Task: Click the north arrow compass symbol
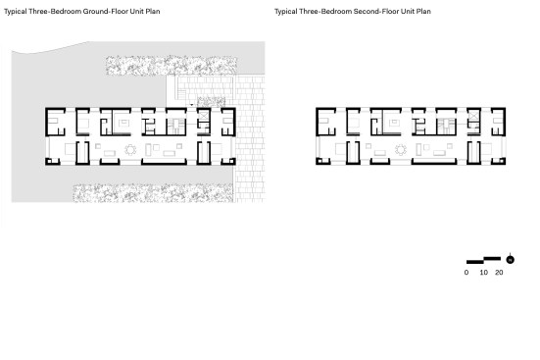pos(510,260)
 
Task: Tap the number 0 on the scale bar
pos(466,273)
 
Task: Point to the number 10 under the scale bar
pos(483,273)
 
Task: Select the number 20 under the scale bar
pos(499,273)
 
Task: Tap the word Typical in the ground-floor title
pos(16,12)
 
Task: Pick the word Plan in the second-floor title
pos(423,12)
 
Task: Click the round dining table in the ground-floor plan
pos(130,150)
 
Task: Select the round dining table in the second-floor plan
pos(401,150)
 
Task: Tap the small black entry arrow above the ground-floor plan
pos(191,105)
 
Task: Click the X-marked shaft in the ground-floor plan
pos(204,115)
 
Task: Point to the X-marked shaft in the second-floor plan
pos(474,115)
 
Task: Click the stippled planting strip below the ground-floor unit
pos(153,193)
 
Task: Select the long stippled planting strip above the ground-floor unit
pos(172,66)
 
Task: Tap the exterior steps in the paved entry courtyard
pos(181,93)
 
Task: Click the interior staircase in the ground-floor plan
pos(175,127)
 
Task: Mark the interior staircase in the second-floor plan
pos(446,127)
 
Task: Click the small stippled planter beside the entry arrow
pos(211,102)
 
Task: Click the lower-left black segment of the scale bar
pos(475,262)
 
